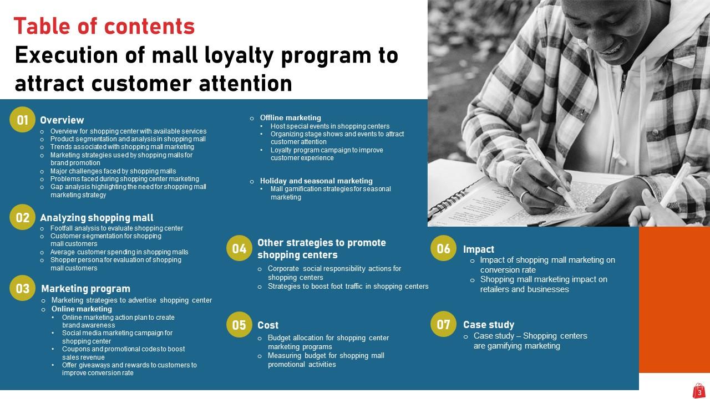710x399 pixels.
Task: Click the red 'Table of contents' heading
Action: coord(104,26)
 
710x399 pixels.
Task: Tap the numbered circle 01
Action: coord(23,120)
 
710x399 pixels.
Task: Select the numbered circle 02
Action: coord(23,218)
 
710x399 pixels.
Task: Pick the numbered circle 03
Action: coord(23,289)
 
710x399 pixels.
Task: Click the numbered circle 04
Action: coord(239,249)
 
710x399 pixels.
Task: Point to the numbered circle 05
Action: coord(239,325)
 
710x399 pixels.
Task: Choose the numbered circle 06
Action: coord(443,249)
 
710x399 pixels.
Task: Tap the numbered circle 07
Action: coord(443,325)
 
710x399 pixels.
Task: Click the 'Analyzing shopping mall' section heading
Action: coord(97,218)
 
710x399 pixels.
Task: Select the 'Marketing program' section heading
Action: coord(85,289)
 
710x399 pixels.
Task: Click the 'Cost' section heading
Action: coord(268,325)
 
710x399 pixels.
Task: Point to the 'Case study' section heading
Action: coord(489,325)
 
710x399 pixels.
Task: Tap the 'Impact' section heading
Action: coord(479,249)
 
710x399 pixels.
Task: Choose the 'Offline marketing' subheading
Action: coord(290,117)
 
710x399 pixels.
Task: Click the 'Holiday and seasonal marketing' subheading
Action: coord(316,181)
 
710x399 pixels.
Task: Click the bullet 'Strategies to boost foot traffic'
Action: coord(348,287)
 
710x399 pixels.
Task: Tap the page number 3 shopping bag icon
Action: coord(699,391)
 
